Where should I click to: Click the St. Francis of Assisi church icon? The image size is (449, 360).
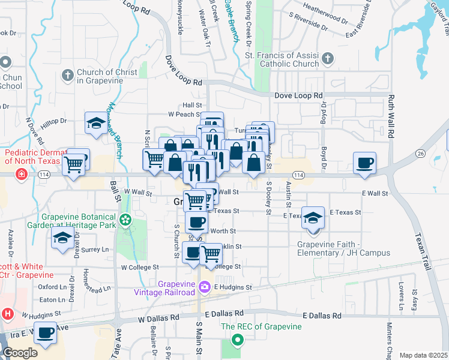point(327,59)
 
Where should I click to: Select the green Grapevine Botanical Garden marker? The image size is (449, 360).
point(125,220)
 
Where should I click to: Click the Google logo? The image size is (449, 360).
point(19,353)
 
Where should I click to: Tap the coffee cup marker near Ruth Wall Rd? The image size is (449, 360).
point(364,163)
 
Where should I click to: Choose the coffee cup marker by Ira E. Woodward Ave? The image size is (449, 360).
point(44,332)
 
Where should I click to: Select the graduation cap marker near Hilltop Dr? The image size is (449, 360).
point(95,123)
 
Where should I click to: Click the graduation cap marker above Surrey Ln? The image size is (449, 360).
point(61,238)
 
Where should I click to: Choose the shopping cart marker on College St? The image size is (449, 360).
point(211,254)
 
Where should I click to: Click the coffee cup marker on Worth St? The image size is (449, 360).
point(196,223)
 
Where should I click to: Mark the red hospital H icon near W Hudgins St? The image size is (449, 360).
point(8,313)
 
